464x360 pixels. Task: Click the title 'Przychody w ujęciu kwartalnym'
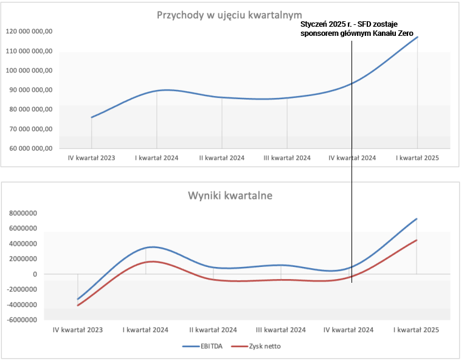coord(229,15)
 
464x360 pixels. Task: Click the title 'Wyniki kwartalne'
coord(230,196)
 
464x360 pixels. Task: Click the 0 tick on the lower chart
coord(35,274)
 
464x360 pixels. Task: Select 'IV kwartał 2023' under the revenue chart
coord(92,157)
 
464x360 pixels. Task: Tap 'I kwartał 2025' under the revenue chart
coord(417,157)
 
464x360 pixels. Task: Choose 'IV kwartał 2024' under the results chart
coord(348,330)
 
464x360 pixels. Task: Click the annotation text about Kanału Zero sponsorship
coord(360,29)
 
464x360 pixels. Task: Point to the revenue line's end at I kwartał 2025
coord(417,37)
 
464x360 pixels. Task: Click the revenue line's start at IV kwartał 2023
coord(92,117)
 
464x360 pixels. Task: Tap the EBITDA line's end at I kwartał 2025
coord(417,219)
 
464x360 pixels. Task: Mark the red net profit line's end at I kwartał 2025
coord(417,240)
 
